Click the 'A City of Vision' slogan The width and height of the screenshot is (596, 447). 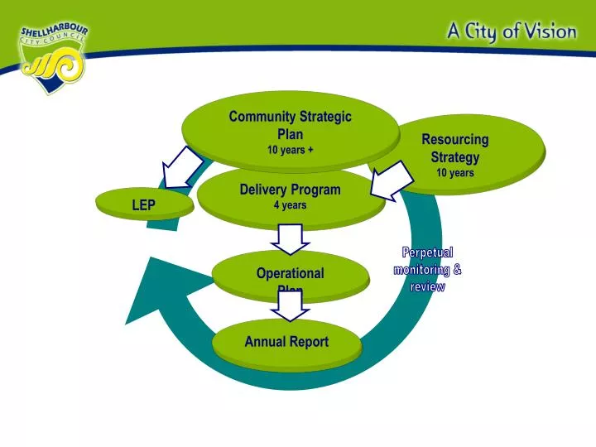click(512, 31)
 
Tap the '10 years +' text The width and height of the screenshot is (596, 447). click(290, 150)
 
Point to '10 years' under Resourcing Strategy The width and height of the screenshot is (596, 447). click(455, 173)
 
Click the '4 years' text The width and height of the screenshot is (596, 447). click(290, 205)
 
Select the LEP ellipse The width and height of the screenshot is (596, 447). click(144, 204)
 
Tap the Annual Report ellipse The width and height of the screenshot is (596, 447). click(286, 342)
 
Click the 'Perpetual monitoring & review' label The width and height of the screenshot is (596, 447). click(427, 269)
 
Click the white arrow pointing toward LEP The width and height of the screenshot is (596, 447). click(180, 168)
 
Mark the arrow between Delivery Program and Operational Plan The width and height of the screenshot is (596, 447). click(290, 239)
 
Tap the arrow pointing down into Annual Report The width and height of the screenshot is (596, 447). click(290, 305)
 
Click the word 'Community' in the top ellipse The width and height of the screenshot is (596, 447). click(260, 118)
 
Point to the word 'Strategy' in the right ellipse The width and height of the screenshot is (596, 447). click(454, 156)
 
